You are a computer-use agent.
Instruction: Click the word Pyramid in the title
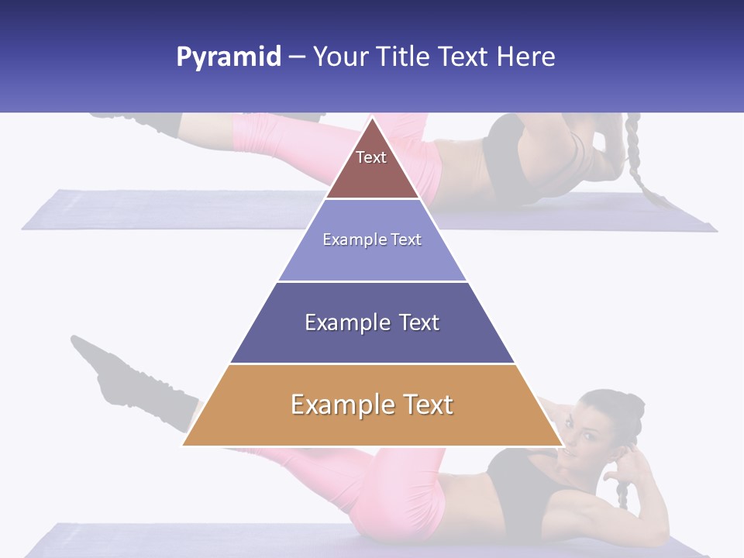pyautogui.click(x=229, y=57)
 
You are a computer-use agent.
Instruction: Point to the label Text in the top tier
pyautogui.click(x=371, y=157)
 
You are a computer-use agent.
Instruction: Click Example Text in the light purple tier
pyautogui.click(x=372, y=239)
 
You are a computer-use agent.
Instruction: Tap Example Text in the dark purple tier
pyautogui.click(x=372, y=322)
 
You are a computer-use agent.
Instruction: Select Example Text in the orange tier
pyautogui.click(x=372, y=405)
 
